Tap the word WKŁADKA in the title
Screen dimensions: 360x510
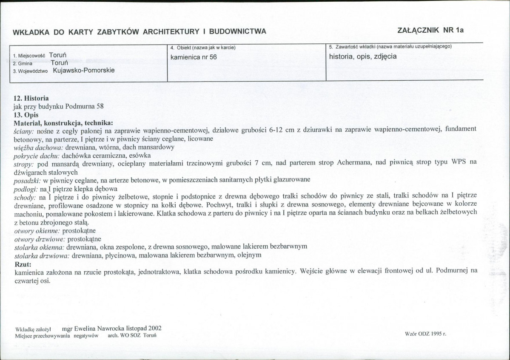click(30, 31)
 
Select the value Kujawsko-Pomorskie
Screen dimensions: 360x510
click(84, 71)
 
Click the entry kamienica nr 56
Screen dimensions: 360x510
click(194, 57)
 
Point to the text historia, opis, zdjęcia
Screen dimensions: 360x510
click(363, 56)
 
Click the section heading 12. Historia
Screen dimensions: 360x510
click(31, 99)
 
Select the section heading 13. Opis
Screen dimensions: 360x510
click(26, 115)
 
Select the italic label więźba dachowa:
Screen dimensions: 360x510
click(38, 147)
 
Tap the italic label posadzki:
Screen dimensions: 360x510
click(27, 180)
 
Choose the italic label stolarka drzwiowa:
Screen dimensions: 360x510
click(42, 255)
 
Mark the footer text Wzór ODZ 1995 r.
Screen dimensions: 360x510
click(426, 334)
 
